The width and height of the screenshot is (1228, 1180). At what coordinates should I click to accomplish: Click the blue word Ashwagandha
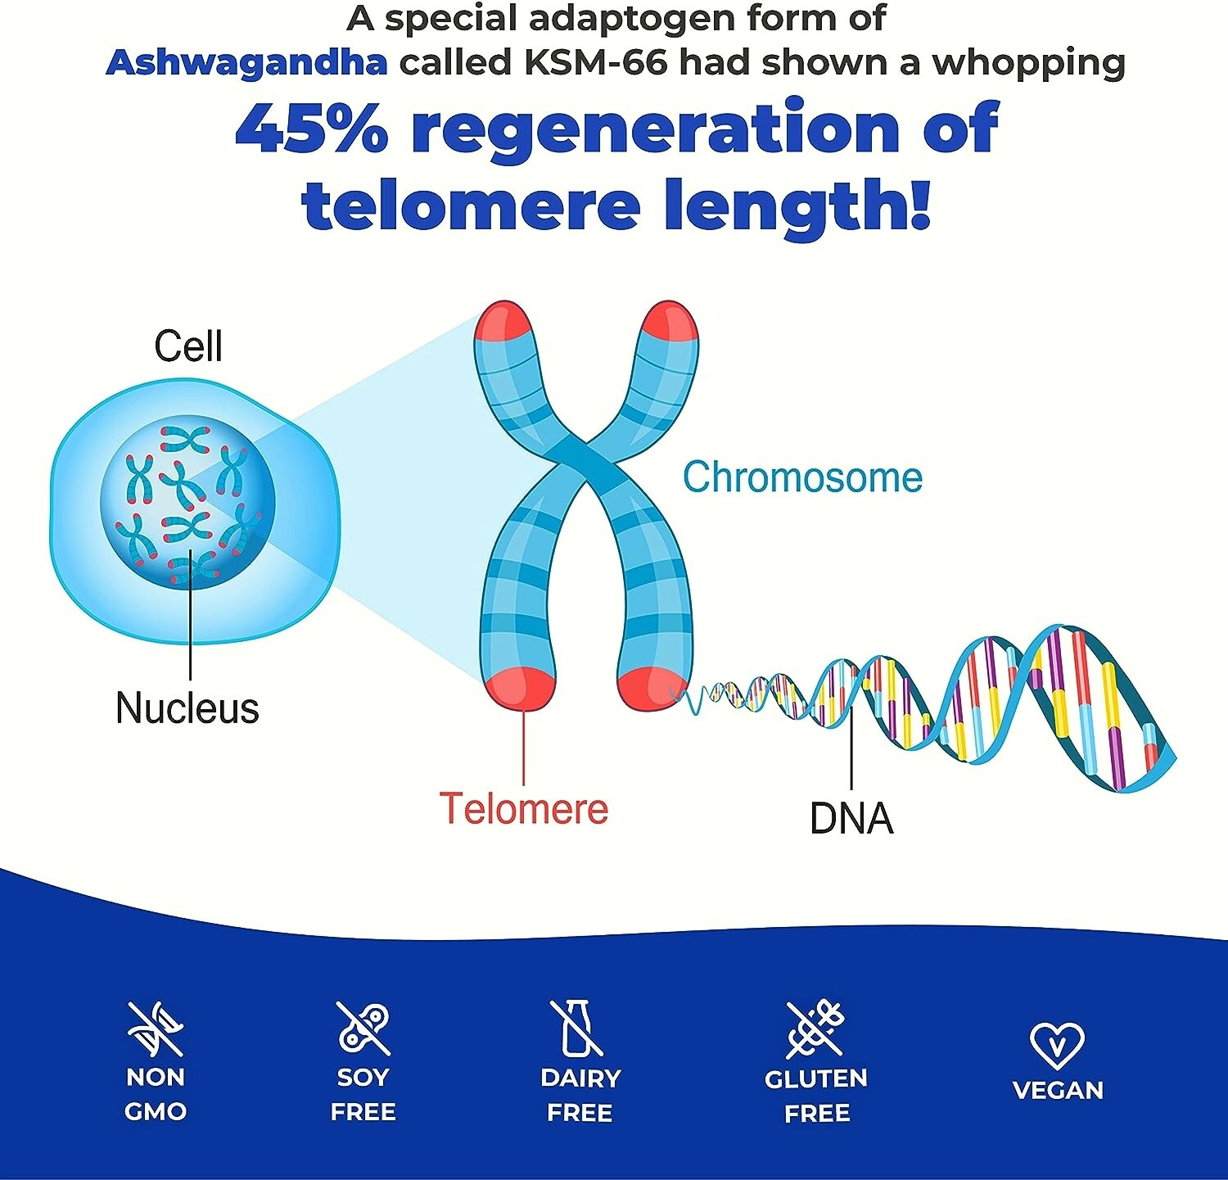tap(246, 63)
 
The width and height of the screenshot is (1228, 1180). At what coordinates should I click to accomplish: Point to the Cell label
tap(188, 346)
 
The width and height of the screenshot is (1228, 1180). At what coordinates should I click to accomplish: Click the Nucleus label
tap(187, 708)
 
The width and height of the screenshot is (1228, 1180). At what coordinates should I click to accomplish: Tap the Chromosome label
tap(802, 477)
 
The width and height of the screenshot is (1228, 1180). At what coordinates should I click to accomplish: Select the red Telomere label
tap(524, 808)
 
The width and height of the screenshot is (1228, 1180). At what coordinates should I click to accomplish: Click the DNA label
tap(851, 818)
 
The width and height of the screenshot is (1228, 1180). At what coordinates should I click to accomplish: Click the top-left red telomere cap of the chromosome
tap(503, 322)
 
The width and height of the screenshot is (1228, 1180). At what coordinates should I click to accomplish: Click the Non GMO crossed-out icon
tap(156, 1029)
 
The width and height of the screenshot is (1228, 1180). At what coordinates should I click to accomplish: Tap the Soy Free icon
tap(363, 1029)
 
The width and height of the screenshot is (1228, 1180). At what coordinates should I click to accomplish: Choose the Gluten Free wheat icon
tap(815, 1029)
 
